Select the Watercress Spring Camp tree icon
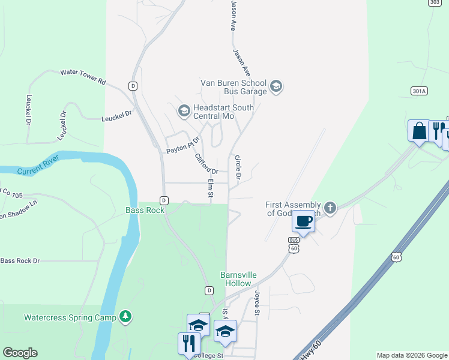(x=125, y=316)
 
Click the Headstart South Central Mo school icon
(x=184, y=111)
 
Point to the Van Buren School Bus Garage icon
(x=276, y=87)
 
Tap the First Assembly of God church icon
(x=330, y=208)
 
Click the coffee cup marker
(x=304, y=221)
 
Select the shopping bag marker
(x=418, y=130)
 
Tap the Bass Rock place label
(x=145, y=211)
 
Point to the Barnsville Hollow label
(x=238, y=279)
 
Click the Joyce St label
(x=256, y=303)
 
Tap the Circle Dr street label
(x=238, y=167)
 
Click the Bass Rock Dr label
(x=20, y=260)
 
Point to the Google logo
(x=20, y=353)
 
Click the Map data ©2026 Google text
(x=411, y=355)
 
